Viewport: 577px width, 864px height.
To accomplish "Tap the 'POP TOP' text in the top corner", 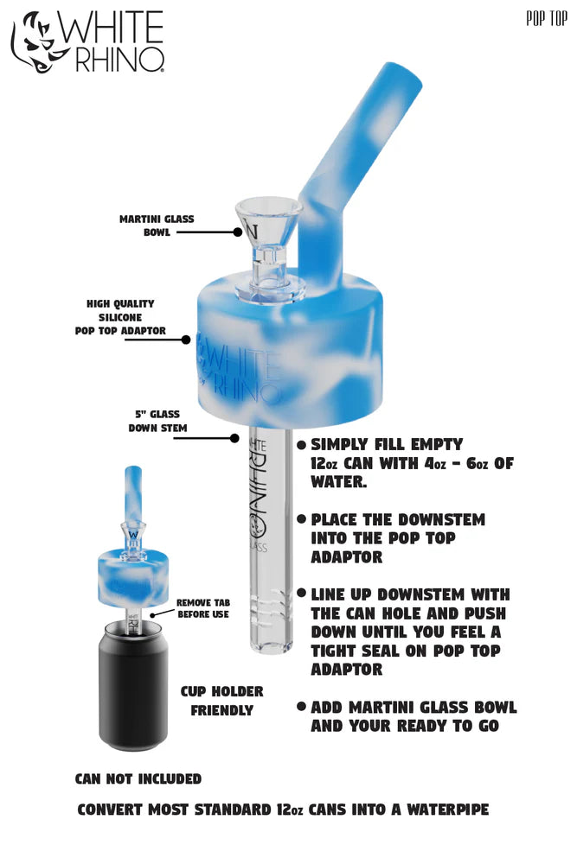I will pos(546,19).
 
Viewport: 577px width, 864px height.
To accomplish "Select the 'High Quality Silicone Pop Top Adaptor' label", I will pos(120,317).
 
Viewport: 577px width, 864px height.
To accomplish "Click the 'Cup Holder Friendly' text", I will pos(221,701).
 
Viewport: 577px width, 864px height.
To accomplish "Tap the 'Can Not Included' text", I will pos(138,779).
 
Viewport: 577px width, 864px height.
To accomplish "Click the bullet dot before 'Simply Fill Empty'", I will pos(301,445).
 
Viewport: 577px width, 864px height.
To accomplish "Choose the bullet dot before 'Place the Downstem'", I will pos(301,520).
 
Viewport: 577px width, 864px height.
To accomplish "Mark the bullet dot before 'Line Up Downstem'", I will pos(301,594).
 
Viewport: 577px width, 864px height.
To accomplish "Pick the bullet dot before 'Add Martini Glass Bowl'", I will pos(301,707).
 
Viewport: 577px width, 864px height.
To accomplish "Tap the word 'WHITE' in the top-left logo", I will pos(109,28).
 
